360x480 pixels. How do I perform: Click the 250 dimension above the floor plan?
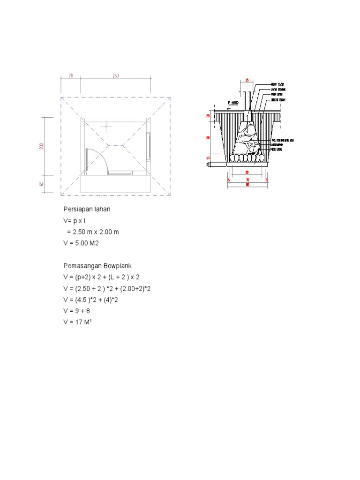tap(115, 75)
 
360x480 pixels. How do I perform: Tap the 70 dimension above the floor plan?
tap(71, 75)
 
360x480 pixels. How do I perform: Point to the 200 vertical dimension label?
tap(42, 146)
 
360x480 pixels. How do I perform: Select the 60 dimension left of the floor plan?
tap(42, 184)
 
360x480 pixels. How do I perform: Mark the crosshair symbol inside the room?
tap(107, 126)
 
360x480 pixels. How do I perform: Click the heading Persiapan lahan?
tap(87, 209)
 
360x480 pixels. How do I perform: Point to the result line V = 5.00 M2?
tap(82, 243)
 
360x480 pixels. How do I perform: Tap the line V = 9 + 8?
tap(80, 311)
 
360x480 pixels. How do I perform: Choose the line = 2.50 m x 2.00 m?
tap(92, 232)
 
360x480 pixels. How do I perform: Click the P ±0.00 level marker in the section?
tap(233, 103)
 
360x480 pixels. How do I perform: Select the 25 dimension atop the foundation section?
tap(247, 80)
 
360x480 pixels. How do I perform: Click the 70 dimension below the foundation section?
tap(247, 180)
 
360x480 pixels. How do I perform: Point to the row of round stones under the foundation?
tap(247, 158)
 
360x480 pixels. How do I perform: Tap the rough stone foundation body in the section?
tap(247, 138)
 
